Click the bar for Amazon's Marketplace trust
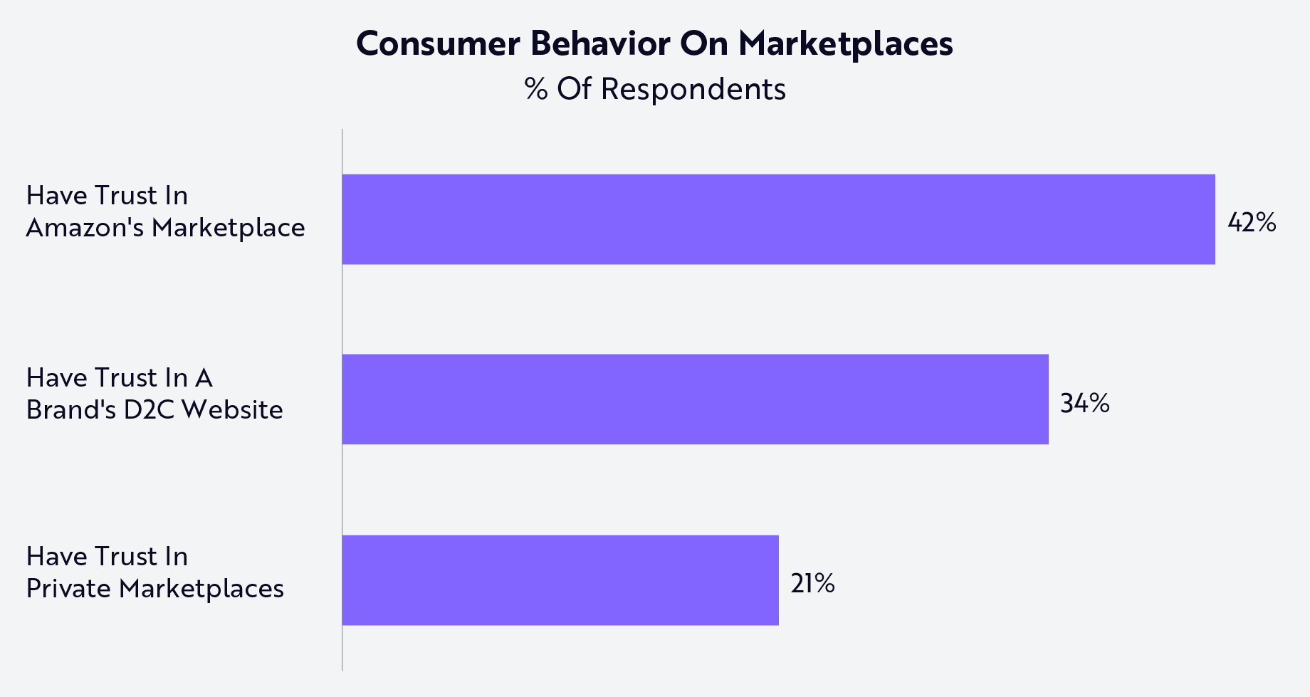tap(778, 219)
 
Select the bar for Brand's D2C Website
tap(695, 399)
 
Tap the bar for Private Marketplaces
tap(560, 580)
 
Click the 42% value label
tap(1252, 223)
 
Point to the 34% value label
tap(1084, 404)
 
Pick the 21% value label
tap(812, 584)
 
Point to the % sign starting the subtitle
tap(535, 90)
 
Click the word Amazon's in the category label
tap(85, 228)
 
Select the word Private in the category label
tap(68, 589)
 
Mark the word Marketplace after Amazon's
tap(228, 228)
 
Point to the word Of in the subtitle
tap(574, 90)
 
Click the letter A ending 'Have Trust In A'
tap(204, 377)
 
